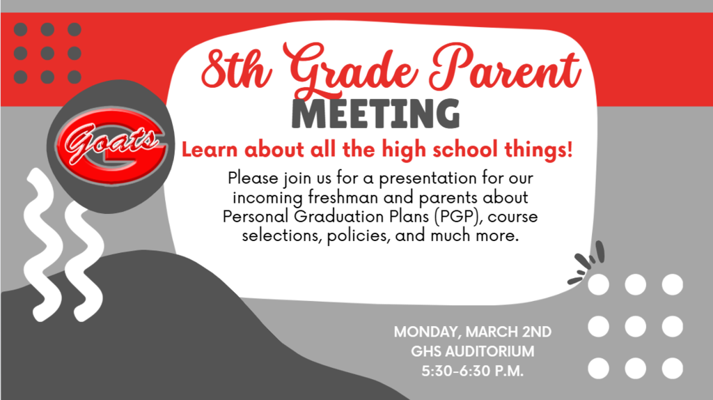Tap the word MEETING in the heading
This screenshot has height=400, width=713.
376,114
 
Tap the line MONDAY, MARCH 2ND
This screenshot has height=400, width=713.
472,332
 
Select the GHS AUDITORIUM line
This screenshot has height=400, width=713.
472,351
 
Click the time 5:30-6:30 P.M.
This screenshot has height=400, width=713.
472,371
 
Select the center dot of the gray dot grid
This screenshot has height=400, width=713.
47,54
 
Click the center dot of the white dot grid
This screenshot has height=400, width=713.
635,326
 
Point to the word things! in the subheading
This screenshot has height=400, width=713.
542,149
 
